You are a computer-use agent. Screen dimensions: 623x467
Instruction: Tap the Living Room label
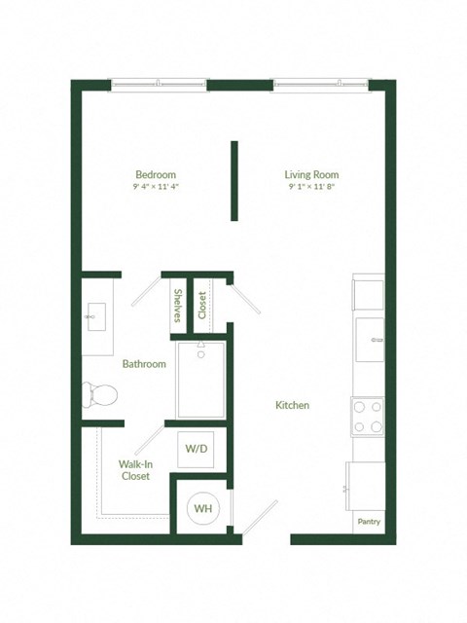point(312,174)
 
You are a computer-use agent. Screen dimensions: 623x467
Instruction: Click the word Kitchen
point(292,405)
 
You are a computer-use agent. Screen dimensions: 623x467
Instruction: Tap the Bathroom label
point(143,364)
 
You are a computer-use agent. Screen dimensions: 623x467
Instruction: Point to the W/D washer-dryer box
point(196,449)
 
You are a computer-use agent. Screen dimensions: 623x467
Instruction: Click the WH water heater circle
point(203,508)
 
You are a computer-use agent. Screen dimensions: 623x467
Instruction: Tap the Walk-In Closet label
point(135,470)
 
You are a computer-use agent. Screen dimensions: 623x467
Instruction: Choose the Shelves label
point(178,306)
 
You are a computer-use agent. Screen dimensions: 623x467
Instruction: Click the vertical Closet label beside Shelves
point(202,306)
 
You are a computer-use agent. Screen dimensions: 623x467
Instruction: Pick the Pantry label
point(369,522)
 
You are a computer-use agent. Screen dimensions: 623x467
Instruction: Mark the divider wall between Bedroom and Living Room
point(234,181)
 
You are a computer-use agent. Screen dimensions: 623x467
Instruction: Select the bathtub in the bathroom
point(200,378)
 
